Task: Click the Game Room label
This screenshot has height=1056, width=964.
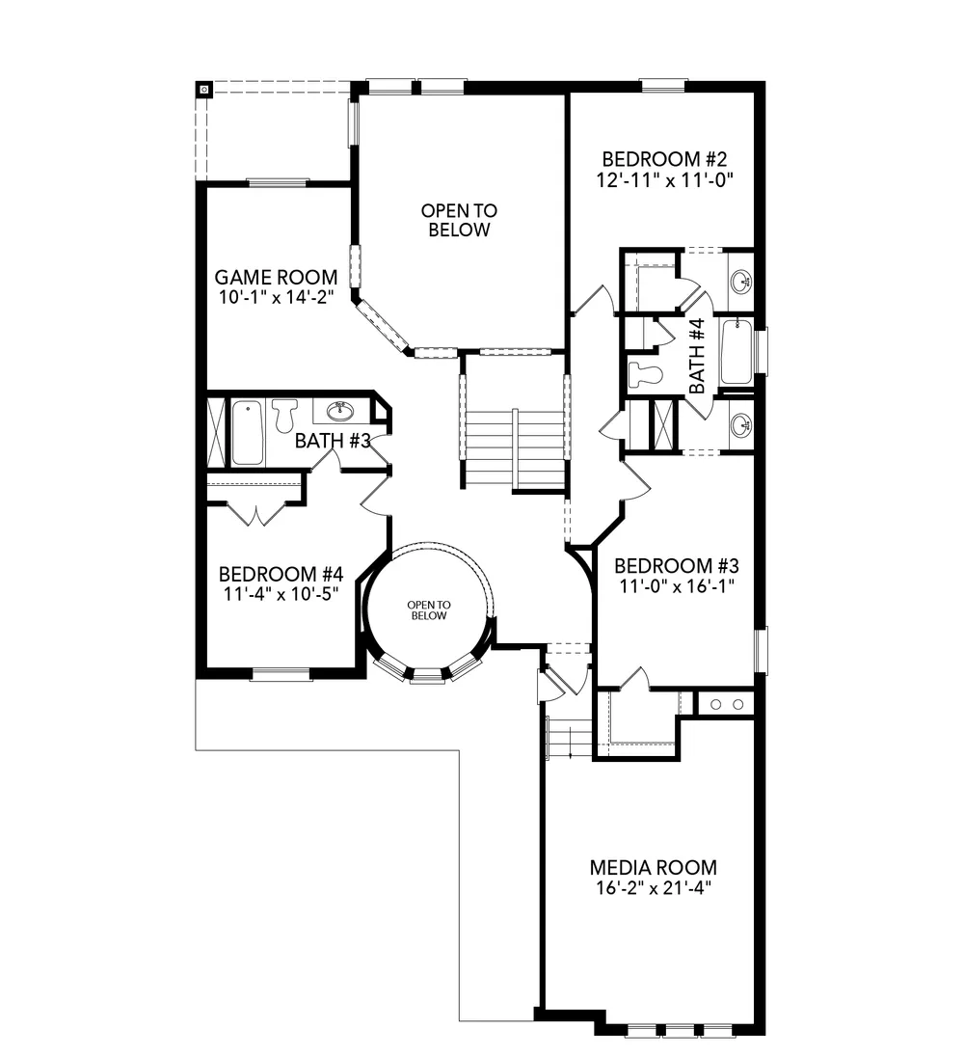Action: [x=276, y=277]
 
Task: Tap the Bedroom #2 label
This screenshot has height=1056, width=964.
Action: [x=664, y=160]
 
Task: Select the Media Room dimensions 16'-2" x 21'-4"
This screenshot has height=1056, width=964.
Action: [x=653, y=887]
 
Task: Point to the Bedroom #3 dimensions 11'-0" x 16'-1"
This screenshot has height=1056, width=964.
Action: [x=677, y=585]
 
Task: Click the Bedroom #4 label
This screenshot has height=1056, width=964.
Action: [x=281, y=574]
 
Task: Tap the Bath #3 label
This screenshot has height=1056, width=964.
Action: [x=333, y=441]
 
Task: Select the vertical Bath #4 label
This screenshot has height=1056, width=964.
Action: [x=697, y=356]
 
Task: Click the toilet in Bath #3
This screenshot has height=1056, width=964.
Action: [x=284, y=416]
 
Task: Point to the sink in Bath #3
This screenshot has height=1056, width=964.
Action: [x=338, y=410]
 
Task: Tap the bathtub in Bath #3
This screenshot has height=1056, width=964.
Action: [x=248, y=432]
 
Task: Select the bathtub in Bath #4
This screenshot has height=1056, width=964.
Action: [x=736, y=352]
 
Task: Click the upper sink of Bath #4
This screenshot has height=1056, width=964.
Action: [x=741, y=281]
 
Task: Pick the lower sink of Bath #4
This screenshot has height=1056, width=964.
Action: [x=741, y=424]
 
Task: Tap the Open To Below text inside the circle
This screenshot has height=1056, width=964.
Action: [x=429, y=610]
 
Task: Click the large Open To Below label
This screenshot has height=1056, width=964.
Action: [x=459, y=220]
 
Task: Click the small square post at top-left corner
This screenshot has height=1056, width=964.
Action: [x=204, y=89]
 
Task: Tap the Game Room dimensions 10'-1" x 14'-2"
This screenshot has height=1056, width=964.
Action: [x=276, y=297]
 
